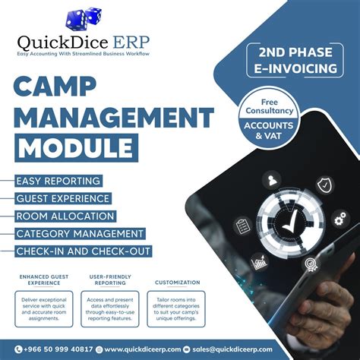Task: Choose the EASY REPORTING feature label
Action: [58, 181]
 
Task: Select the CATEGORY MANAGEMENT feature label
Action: [80, 233]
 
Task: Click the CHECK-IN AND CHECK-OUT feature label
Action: [84, 251]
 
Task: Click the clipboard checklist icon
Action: [244, 226]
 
